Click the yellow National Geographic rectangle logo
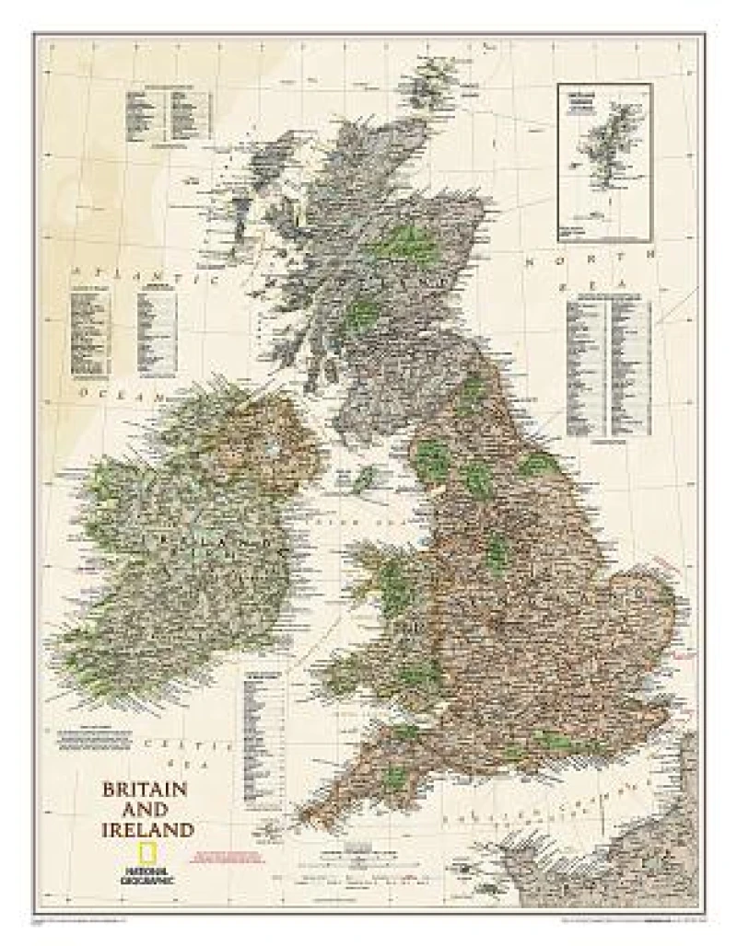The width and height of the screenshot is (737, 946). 146,853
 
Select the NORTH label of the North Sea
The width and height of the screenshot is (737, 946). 590,256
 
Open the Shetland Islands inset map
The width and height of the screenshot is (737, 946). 604,162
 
